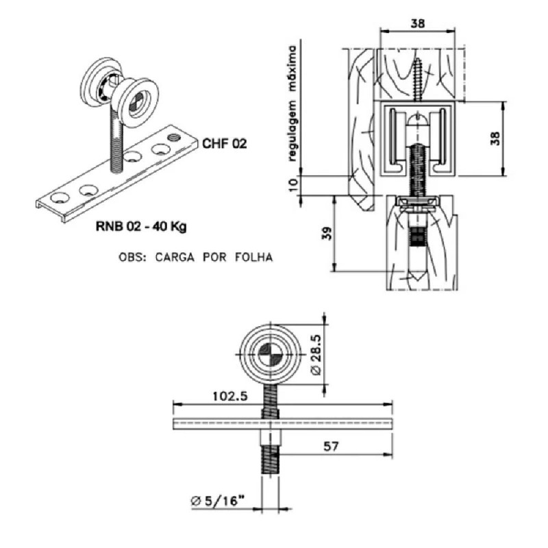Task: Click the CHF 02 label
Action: point(225,144)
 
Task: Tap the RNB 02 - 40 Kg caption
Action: point(141,227)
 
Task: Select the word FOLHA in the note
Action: point(253,258)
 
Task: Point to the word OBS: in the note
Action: point(132,258)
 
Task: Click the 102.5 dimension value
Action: point(230,397)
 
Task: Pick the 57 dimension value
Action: point(331,447)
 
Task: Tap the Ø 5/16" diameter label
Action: point(216,501)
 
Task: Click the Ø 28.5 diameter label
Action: point(315,354)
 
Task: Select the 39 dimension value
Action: point(327,233)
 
